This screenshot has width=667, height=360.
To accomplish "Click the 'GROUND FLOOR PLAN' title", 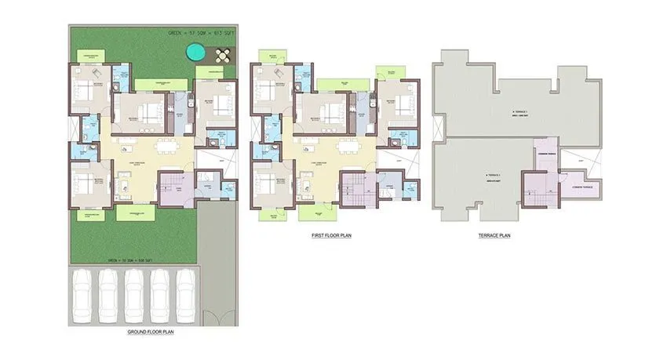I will click(150, 333).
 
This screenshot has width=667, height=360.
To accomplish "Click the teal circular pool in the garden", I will click(195, 53).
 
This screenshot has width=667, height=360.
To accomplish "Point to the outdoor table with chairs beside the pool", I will click(223, 56).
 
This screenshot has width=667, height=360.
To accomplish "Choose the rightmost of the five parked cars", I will click(184, 294).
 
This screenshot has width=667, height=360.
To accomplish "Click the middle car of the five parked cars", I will click(134, 294).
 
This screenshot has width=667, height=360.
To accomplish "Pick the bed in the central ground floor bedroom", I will click(145, 111).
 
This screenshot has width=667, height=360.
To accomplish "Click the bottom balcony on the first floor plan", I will click(318, 213).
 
